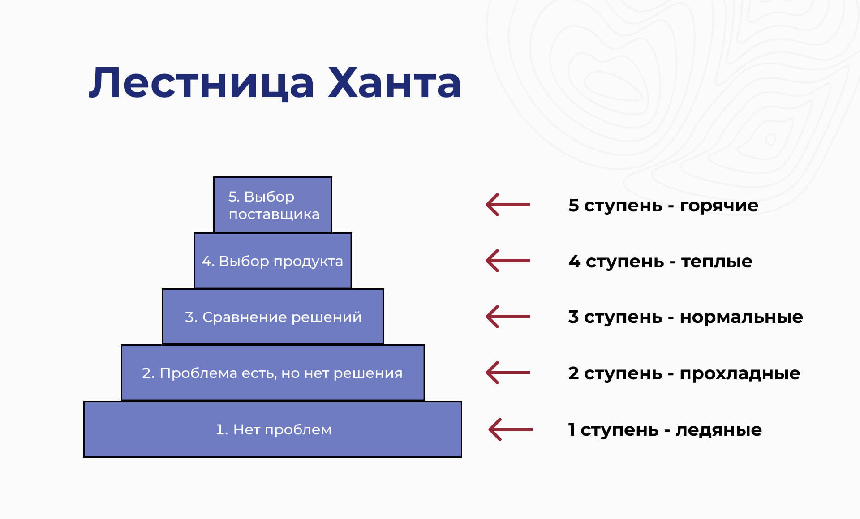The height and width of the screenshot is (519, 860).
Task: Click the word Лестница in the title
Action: (202, 83)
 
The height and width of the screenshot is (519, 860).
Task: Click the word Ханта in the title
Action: (394, 83)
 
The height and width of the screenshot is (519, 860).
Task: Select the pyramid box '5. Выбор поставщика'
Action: (272, 205)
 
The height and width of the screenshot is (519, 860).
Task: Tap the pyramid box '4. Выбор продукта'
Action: (272, 261)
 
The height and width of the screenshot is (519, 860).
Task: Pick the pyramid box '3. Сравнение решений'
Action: (272, 317)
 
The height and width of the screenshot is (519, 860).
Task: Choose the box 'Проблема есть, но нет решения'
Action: (272, 373)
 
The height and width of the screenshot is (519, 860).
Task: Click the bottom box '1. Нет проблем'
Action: (272, 429)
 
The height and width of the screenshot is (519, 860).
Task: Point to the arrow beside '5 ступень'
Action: (508, 205)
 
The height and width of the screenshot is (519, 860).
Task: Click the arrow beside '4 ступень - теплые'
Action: (508, 261)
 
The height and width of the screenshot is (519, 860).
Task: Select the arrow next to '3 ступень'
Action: (508, 317)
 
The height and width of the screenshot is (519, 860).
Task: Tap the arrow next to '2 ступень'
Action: (508, 373)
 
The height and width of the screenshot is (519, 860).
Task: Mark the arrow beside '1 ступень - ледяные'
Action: (511, 429)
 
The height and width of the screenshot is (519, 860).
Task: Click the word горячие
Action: (719, 206)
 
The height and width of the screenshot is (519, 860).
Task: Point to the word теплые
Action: (717, 262)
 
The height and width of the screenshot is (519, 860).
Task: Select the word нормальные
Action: (741, 317)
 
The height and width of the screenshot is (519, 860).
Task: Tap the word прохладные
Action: (740, 373)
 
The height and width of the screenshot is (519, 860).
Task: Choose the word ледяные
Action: (718, 430)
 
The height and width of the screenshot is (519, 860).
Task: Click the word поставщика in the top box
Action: (274, 214)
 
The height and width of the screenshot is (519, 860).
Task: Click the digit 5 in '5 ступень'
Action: (573, 205)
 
